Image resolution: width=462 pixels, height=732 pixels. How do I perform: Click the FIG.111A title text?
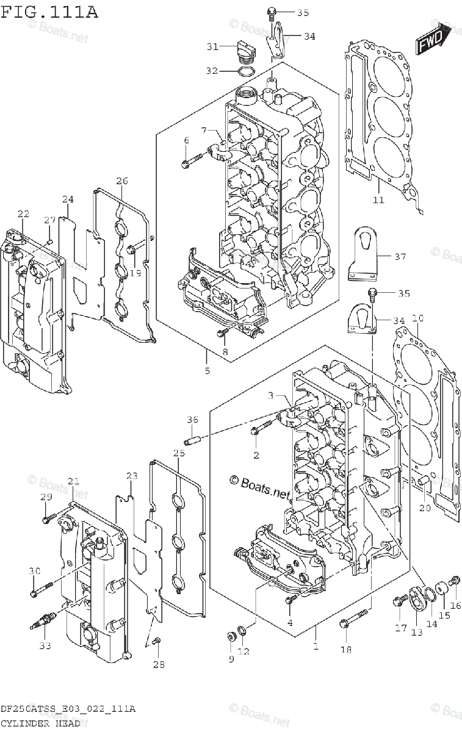click(x=49, y=12)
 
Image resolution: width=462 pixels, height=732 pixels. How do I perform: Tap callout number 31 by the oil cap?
click(x=212, y=46)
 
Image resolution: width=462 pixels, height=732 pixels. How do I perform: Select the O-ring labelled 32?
click(x=247, y=72)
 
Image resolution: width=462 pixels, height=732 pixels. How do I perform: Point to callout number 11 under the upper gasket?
click(x=378, y=199)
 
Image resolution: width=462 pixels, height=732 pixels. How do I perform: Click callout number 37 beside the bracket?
click(x=400, y=257)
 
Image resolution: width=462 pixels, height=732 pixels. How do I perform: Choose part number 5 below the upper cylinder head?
click(x=207, y=370)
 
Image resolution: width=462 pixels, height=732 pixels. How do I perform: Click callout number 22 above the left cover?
click(x=23, y=213)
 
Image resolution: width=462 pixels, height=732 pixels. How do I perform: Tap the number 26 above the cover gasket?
click(x=122, y=181)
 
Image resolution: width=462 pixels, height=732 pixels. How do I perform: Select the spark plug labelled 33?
click(x=44, y=624)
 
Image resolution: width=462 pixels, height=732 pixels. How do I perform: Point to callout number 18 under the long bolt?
click(x=346, y=649)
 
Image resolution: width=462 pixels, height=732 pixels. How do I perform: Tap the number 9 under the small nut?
click(x=231, y=659)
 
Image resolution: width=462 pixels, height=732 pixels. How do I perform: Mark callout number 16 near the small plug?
click(x=455, y=606)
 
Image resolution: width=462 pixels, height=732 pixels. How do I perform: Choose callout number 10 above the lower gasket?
click(x=417, y=318)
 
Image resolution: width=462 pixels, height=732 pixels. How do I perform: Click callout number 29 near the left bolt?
click(x=46, y=497)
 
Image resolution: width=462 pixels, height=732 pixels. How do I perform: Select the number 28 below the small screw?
click(x=159, y=664)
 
